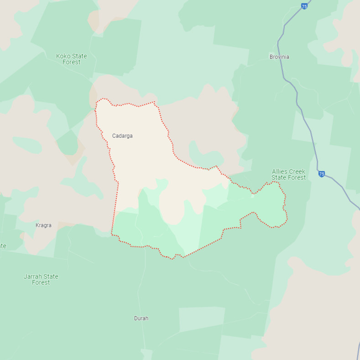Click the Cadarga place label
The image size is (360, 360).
pyautogui.click(x=122, y=136)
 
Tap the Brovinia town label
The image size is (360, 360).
pyautogui.click(x=279, y=57)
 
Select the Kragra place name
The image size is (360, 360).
pyautogui.click(x=43, y=225)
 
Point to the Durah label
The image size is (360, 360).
pyautogui.click(x=141, y=318)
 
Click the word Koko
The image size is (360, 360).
pyautogui.click(x=63, y=56)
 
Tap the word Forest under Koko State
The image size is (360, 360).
pyautogui.click(x=71, y=62)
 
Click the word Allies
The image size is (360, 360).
pyautogui.click(x=281, y=172)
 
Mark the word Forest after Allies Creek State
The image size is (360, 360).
pyautogui.click(x=297, y=177)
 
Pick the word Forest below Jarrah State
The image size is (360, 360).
pyautogui.click(x=41, y=282)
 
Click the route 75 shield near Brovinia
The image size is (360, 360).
pyautogui.click(x=304, y=6)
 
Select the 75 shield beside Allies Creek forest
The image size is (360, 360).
pyautogui.click(x=322, y=174)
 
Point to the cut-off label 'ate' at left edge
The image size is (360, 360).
pyautogui.click(x=3, y=246)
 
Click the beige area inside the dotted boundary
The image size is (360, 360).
pyautogui.click(x=137, y=160)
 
